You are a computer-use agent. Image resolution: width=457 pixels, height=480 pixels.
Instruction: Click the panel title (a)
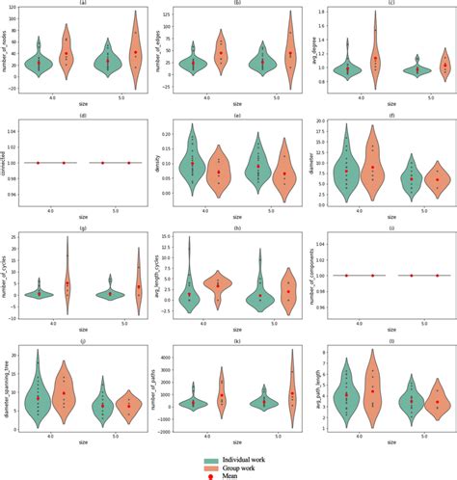coord(78,3)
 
